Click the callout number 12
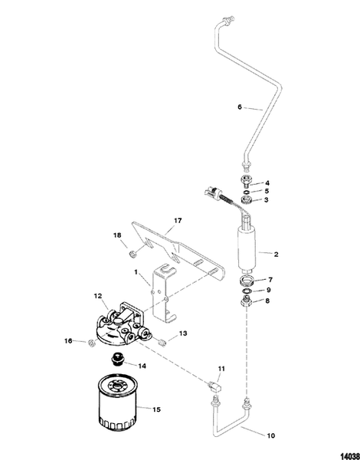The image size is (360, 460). tap(97, 295)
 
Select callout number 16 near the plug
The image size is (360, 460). tap(69, 340)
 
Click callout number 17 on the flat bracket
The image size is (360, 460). tap(177, 221)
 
